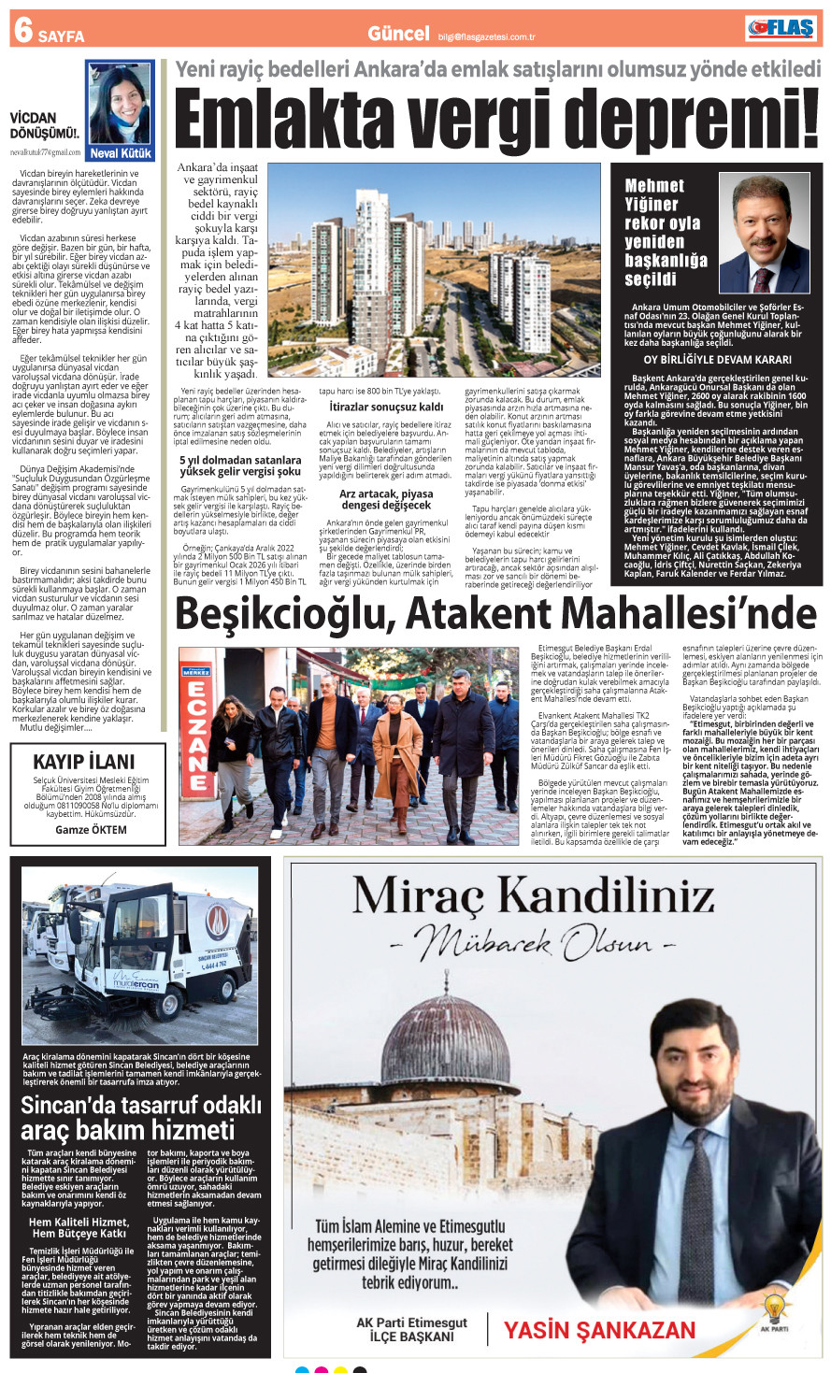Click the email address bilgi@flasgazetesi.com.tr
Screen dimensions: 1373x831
pos(486,37)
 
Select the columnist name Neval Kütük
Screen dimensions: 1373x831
pos(120,153)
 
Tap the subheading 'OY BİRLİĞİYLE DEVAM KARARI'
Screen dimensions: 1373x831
pos(717,360)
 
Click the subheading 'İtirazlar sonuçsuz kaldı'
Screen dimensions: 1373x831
pos(386,408)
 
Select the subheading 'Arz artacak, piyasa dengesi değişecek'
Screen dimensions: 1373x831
pos(386,499)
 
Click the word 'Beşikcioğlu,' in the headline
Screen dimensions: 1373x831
pos(284,614)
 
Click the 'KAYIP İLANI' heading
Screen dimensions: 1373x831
pos(84,762)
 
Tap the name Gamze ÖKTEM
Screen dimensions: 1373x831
pos(91,829)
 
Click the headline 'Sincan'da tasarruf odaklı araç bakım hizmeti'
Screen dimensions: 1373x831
pos(140,1117)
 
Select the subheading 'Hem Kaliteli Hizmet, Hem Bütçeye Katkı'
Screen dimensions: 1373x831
pos(79,1227)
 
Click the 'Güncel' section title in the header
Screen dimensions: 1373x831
pos(398,34)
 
